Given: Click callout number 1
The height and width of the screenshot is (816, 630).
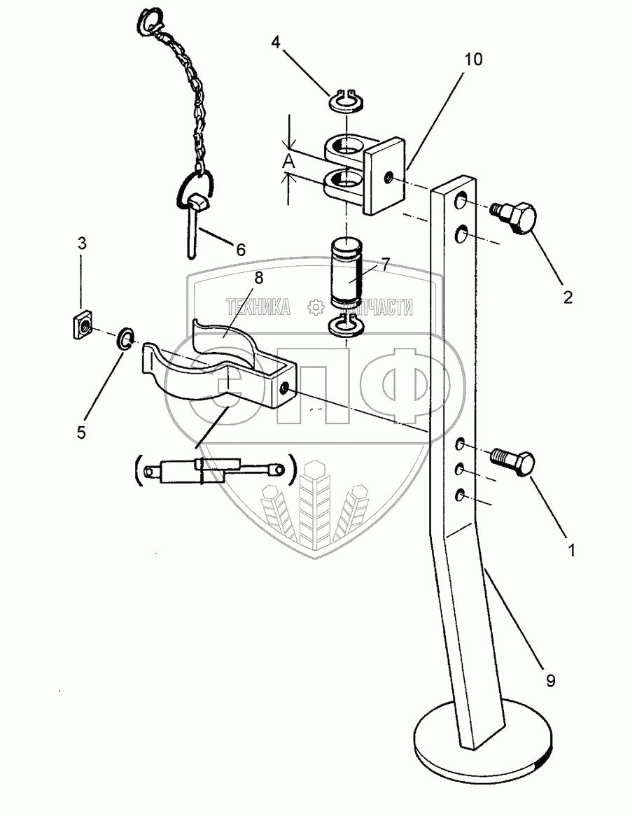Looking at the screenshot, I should click(x=571, y=551).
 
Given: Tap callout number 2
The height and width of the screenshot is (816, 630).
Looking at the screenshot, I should click(x=567, y=297).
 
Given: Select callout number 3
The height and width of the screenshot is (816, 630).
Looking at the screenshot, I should click(x=82, y=244).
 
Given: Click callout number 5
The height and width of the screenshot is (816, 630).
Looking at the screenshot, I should click(x=81, y=432).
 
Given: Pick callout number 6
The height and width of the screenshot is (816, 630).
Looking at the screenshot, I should click(x=241, y=248).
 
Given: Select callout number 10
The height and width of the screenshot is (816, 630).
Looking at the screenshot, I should click(x=474, y=59).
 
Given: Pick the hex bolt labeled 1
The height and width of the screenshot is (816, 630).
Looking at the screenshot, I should click(x=514, y=462).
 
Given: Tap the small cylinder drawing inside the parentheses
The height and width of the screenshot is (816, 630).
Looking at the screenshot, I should click(x=210, y=470).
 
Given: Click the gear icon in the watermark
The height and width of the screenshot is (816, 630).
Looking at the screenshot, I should click(x=316, y=307).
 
